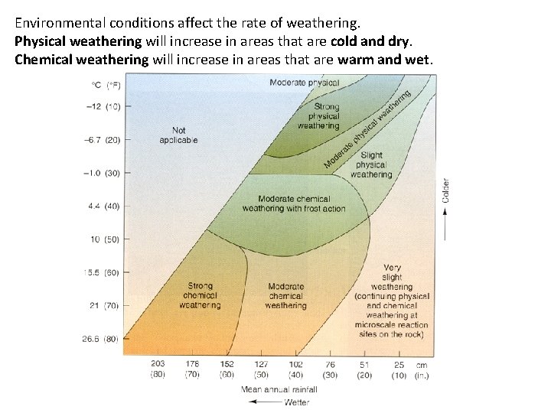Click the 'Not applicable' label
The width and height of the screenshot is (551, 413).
pos(178,135)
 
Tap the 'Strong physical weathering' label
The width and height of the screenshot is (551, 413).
pos(318,116)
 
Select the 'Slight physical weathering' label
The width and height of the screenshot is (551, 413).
pos(371,164)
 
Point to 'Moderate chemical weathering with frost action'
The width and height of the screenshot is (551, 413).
pos(294,203)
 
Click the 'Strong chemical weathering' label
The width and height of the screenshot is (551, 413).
pos(200,295)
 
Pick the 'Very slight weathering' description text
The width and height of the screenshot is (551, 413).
pos(391,301)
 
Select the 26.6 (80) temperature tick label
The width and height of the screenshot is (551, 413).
pos(102,338)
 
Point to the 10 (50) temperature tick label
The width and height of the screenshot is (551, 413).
pos(105,239)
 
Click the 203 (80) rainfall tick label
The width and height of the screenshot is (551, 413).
pos(158,369)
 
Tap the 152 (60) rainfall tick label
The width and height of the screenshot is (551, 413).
pos(227,369)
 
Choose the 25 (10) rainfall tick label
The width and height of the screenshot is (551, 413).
pos(399,369)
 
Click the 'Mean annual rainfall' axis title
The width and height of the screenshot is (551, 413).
pos(279,389)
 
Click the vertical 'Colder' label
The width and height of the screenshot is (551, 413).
pos(446,191)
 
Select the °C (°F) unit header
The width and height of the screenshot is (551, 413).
pos(106,84)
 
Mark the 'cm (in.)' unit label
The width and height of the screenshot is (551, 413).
pos(422,369)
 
